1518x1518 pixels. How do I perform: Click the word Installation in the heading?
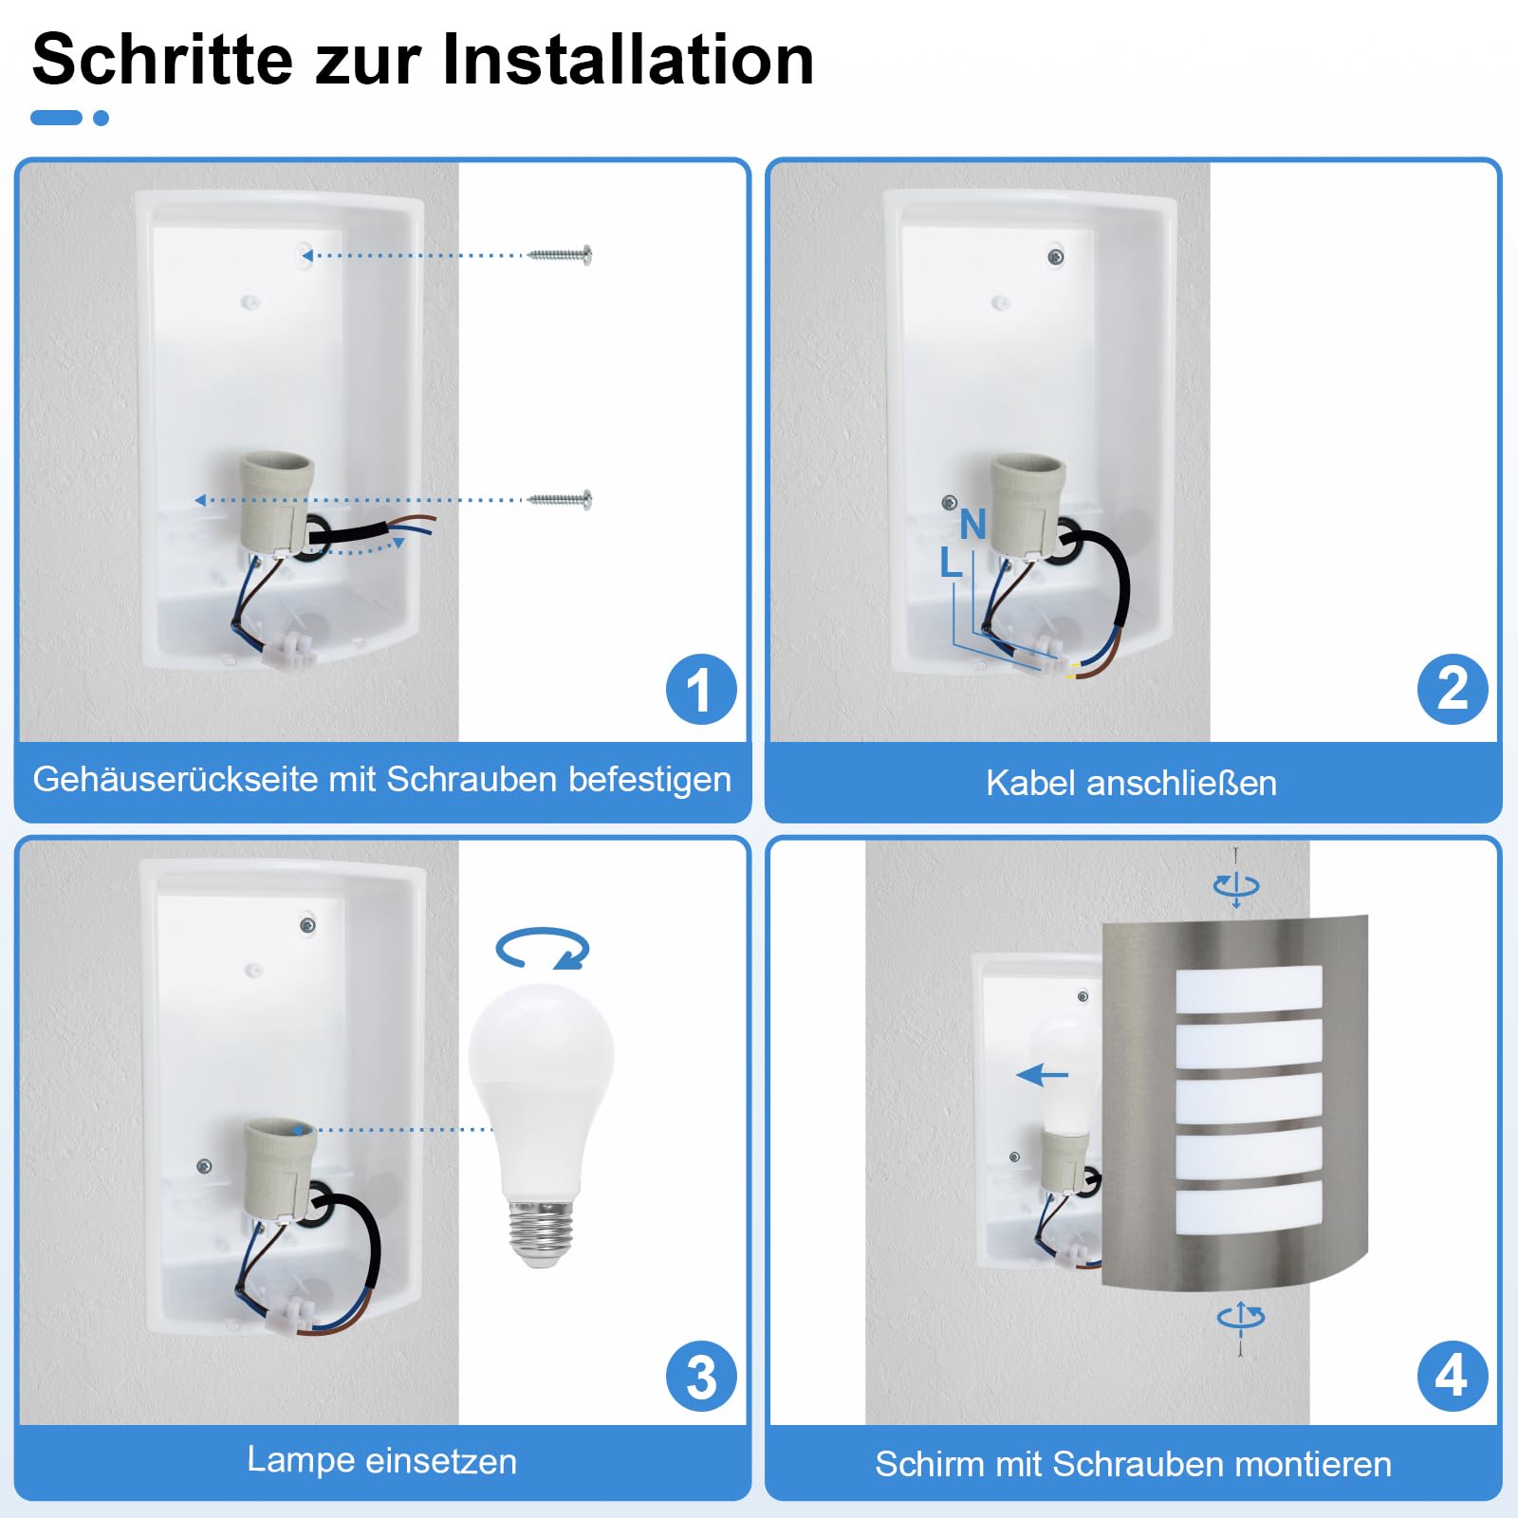(628, 60)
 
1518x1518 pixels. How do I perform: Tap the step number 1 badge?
(701, 689)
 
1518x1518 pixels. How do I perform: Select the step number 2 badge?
(1453, 689)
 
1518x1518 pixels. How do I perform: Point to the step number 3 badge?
(701, 1376)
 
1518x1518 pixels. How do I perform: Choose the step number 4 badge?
(1453, 1376)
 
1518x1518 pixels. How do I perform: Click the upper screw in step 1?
(560, 254)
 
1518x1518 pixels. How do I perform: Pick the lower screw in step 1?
(560, 499)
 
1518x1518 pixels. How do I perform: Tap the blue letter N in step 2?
(972, 524)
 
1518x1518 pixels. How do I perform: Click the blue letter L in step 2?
(951, 563)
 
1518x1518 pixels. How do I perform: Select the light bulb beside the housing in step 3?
(542, 1124)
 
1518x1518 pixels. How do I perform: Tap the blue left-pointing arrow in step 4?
(1042, 1075)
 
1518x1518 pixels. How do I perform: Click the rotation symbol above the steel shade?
(1236, 886)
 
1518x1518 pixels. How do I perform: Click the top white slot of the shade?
(1249, 989)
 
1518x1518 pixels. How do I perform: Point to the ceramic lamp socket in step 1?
(275, 503)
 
